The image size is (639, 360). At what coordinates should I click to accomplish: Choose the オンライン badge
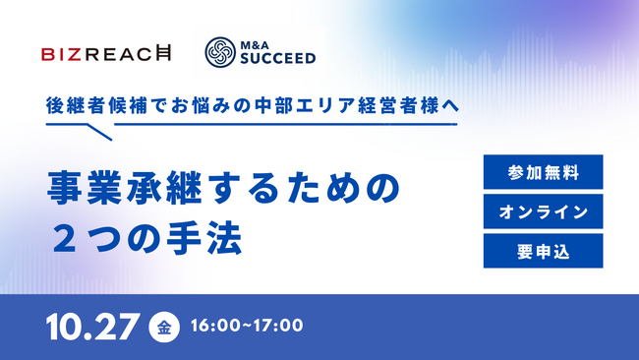pyautogui.click(x=542, y=211)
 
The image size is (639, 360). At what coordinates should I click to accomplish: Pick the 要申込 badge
pyautogui.click(x=542, y=250)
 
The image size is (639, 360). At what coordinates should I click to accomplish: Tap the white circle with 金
pyautogui.click(x=162, y=327)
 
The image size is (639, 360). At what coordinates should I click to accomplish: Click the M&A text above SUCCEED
pyautogui.click(x=261, y=44)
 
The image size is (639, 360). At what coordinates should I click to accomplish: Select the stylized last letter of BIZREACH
pyautogui.click(x=162, y=54)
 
